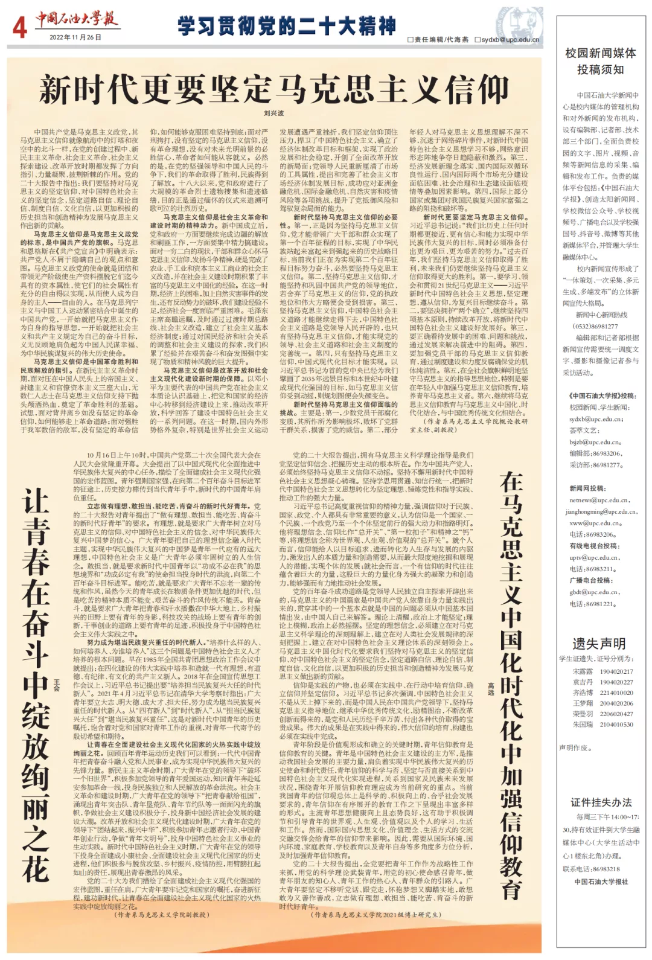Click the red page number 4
tap(19, 27)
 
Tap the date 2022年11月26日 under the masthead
tap(75, 37)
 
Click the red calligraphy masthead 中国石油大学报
tap(76, 19)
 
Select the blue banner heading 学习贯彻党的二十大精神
tap(287, 26)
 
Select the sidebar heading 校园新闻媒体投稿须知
tap(600, 61)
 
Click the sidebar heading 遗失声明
tap(599, 644)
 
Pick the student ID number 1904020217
tap(616, 671)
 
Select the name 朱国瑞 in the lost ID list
tap(583, 725)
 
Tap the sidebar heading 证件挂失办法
tap(601, 802)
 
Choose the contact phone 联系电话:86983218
tap(591, 869)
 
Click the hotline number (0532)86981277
tap(595, 327)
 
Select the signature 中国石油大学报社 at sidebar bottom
tap(601, 882)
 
